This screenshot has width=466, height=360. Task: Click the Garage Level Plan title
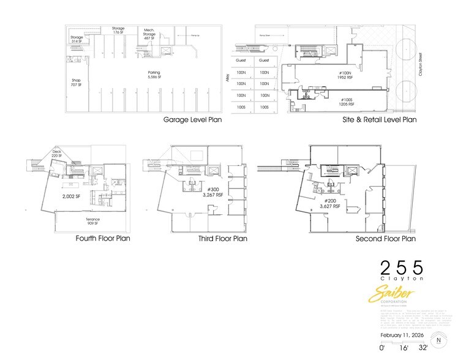click(192, 120)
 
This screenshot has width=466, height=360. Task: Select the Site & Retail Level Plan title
click(379, 120)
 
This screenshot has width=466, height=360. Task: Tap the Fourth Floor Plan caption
click(102, 239)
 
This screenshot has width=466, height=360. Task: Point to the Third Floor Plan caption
click(222, 239)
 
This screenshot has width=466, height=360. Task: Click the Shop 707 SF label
click(76, 83)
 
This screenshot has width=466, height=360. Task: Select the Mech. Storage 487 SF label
click(149, 34)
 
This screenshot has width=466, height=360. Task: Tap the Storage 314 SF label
click(77, 40)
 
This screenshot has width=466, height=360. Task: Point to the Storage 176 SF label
click(118, 30)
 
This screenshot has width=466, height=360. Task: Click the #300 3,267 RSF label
click(213, 193)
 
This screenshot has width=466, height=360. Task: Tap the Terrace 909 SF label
click(93, 221)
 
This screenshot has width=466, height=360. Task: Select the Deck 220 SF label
click(57, 155)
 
